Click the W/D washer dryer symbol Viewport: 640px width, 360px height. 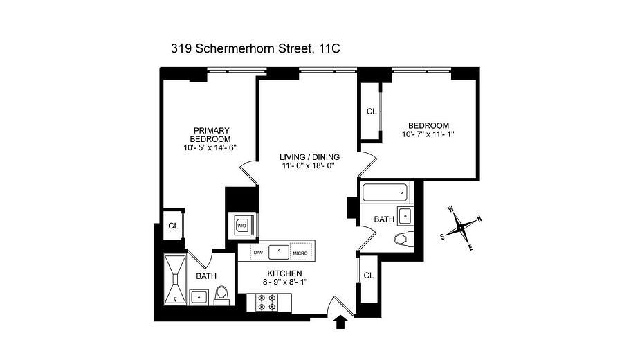click(x=242, y=225)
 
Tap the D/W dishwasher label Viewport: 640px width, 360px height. click(x=257, y=253)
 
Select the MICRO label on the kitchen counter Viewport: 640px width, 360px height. click(x=300, y=253)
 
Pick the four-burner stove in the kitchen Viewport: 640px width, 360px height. click(x=266, y=302)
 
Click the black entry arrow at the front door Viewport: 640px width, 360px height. click(x=341, y=323)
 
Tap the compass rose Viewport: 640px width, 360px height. click(x=461, y=227)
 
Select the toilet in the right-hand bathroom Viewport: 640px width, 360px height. click(x=402, y=240)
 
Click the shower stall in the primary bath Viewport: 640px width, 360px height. click(x=175, y=279)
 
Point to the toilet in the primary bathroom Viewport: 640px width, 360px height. click(x=222, y=296)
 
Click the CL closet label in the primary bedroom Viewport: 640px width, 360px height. click(x=173, y=226)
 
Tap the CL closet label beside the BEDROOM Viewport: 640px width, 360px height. click(x=372, y=111)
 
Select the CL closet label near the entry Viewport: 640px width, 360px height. click(x=368, y=276)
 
